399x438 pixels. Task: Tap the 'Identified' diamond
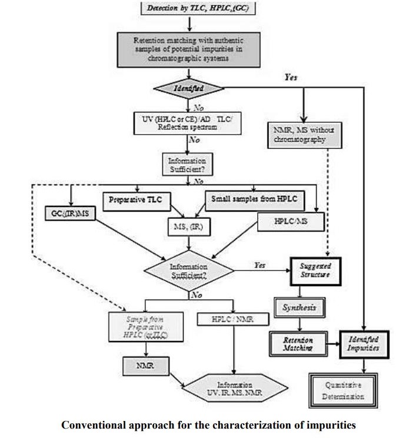[188, 88]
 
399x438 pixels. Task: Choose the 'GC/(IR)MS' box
[70, 213]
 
